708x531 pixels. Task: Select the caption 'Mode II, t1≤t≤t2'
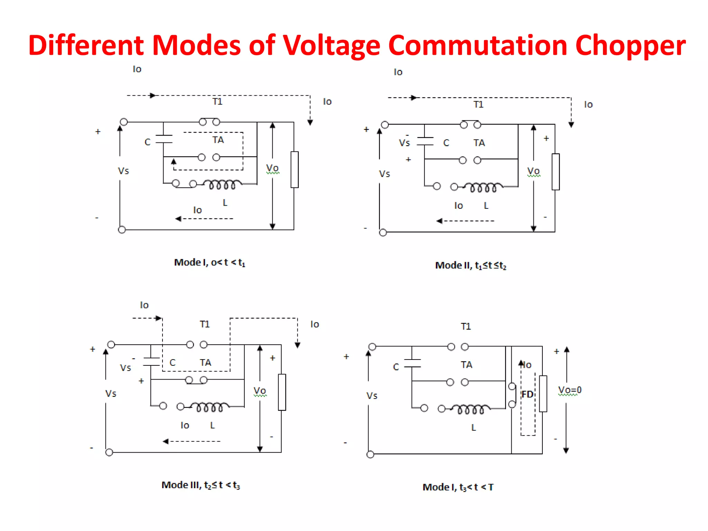click(x=471, y=265)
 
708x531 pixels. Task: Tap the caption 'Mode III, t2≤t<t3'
click(x=201, y=485)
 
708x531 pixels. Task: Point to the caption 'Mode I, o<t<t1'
click(x=209, y=263)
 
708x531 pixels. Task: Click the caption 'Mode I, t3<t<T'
click(x=458, y=487)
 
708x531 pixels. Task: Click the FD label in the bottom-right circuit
click(x=527, y=394)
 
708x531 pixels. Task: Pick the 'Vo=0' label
click(x=570, y=390)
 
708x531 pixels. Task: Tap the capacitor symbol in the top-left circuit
click(x=164, y=139)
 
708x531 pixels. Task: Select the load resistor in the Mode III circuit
click(x=282, y=392)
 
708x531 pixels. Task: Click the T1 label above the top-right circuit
click(x=478, y=105)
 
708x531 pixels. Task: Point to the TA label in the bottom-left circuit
click(x=205, y=363)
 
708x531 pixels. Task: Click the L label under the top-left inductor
click(x=225, y=203)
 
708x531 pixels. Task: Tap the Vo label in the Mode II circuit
click(x=533, y=171)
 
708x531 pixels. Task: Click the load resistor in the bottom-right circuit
click(x=543, y=394)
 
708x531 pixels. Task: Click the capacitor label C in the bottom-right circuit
click(x=396, y=367)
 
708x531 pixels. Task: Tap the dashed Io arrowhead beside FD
click(x=521, y=363)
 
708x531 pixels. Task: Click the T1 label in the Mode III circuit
click(x=204, y=324)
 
